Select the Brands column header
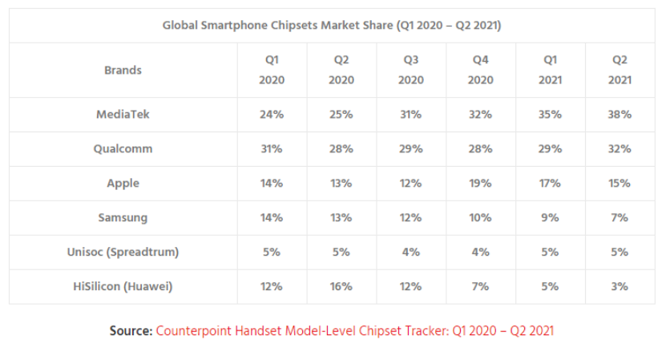tap(123, 70)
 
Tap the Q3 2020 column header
tap(410, 70)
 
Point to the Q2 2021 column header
tap(620, 70)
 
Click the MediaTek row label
tap(123, 115)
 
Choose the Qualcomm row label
tap(123, 149)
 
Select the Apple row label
tap(123, 183)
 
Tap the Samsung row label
tap(123, 217)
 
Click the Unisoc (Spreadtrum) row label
tap(123, 252)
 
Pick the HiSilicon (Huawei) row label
tap(123, 286)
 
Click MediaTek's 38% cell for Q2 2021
tap(620, 115)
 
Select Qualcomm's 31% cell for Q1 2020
tap(272, 149)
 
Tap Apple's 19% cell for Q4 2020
tap(480, 183)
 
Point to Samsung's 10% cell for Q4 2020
tap(480, 217)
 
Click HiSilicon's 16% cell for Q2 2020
tap(341, 286)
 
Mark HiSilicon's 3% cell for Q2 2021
tap(620, 286)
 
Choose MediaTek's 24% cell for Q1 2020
tap(272, 115)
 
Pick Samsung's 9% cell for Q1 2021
tap(550, 217)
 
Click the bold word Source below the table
tap(131, 330)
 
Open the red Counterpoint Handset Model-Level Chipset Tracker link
tap(355, 330)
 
